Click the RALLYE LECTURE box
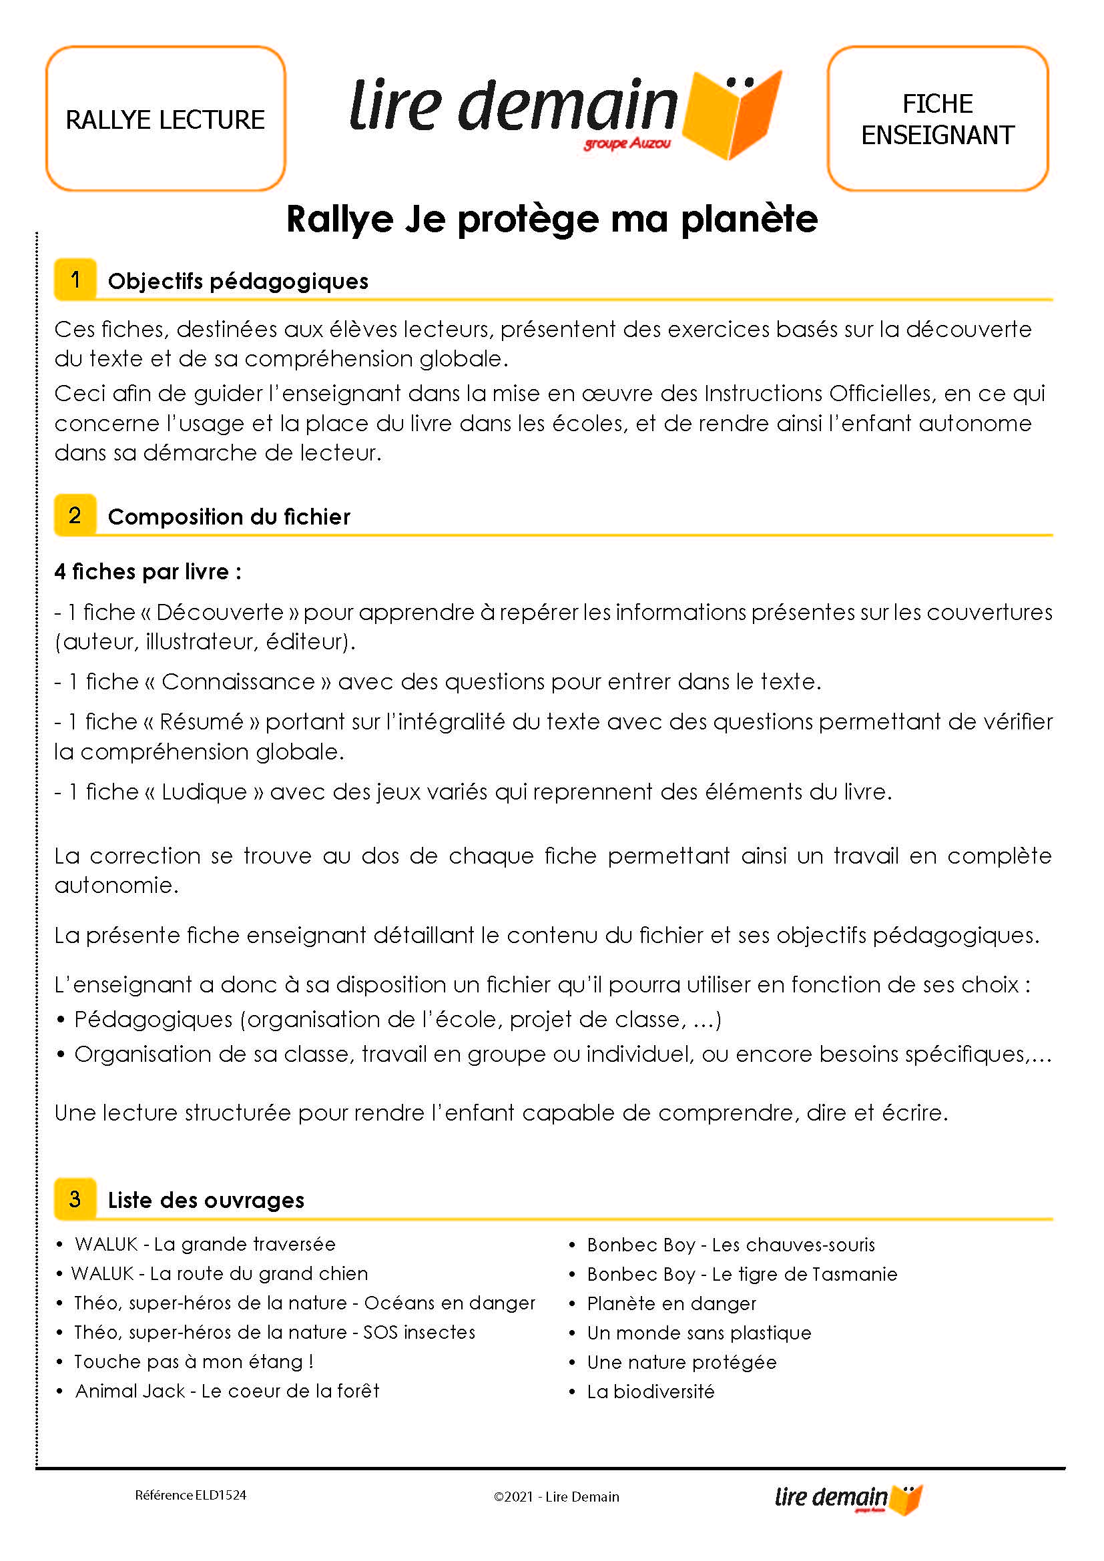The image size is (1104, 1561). (165, 119)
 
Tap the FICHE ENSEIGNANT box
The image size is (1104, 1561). (937, 119)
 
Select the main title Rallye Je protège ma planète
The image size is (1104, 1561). (551, 219)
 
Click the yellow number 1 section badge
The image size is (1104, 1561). (75, 280)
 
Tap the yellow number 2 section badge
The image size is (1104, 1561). (75, 515)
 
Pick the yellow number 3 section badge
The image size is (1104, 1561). (75, 1199)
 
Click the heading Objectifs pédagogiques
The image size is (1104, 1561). (238, 281)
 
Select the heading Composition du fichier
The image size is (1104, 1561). (229, 517)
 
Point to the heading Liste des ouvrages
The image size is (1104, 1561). (206, 1200)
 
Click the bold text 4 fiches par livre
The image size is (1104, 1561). (148, 571)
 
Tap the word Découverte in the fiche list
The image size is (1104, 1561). (220, 612)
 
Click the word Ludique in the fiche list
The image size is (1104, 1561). (204, 792)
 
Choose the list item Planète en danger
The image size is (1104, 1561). (671, 1303)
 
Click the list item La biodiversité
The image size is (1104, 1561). (651, 1391)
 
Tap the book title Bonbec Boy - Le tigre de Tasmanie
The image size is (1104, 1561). (742, 1274)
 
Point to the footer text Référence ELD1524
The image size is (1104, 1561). (190, 1495)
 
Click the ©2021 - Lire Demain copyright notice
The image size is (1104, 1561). (556, 1496)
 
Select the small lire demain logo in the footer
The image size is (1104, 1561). (848, 1498)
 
